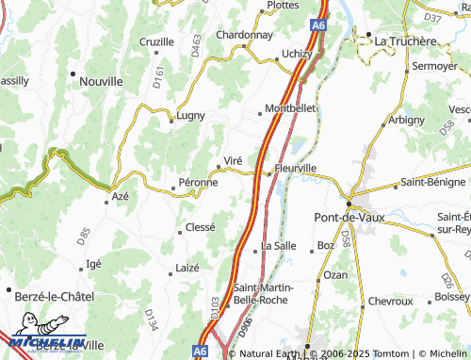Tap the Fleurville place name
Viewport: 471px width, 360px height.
point(295,168)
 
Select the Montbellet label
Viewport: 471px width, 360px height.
point(291,108)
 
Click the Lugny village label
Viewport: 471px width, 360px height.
point(191,118)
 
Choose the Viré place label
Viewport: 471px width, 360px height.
point(234,161)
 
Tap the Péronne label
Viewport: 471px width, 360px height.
point(198,182)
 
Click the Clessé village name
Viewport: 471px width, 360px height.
point(201,227)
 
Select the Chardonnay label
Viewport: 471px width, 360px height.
point(244,35)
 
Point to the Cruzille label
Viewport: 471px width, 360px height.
point(156,42)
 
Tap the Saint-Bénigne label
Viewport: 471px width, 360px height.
point(432,182)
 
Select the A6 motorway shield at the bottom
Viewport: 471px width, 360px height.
point(200,351)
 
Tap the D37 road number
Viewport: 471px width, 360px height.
point(432,17)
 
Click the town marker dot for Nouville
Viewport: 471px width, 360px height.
point(73,73)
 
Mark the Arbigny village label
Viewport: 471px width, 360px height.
point(407,121)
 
